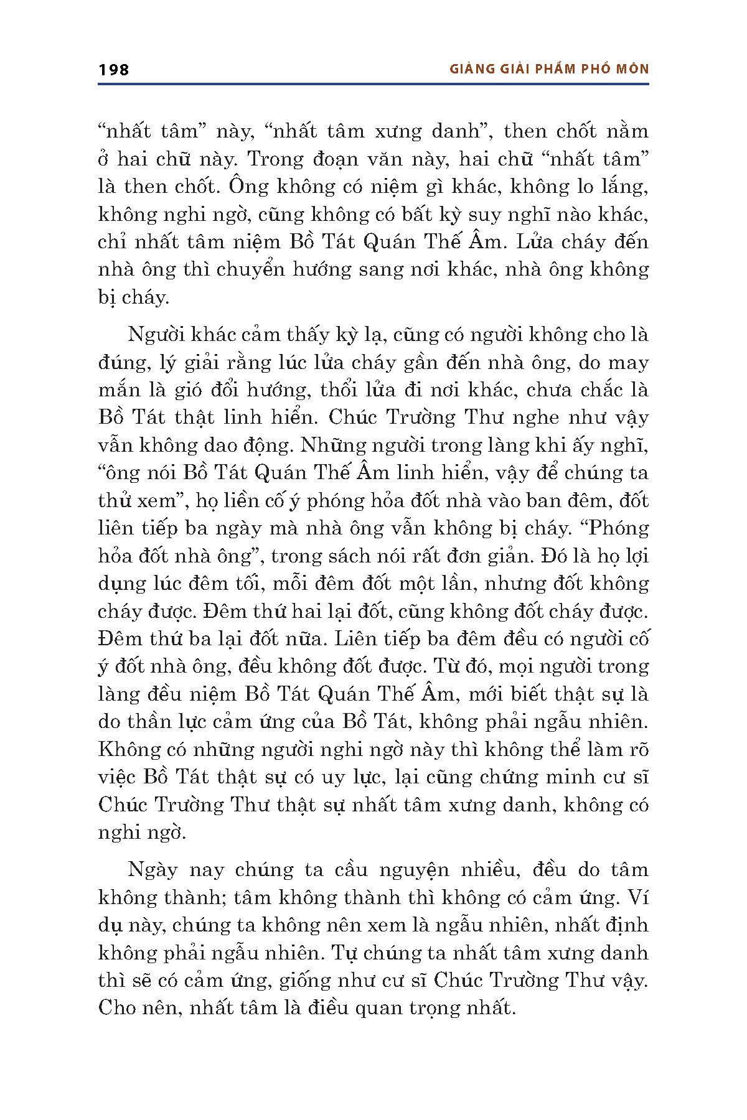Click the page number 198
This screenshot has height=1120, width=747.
(x=114, y=69)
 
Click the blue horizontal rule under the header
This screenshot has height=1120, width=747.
(x=374, y=83)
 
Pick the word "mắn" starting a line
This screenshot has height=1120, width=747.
(x=118, y=390)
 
